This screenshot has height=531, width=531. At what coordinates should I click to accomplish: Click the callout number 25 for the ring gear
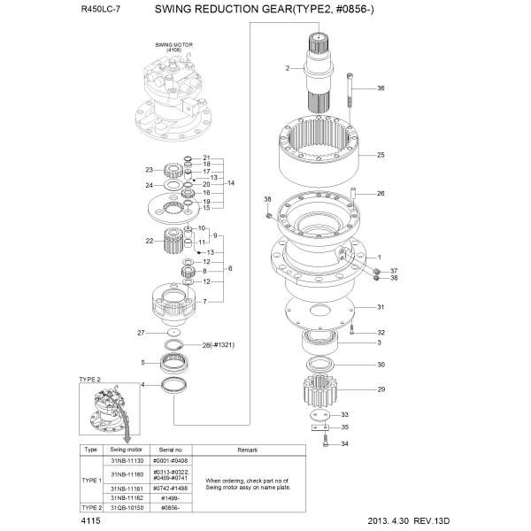(x=381, y=155)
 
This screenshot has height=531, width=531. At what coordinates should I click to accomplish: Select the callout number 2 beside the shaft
(x=288, y=68)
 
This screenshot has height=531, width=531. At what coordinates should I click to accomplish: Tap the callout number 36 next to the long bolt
(x=381, y=88)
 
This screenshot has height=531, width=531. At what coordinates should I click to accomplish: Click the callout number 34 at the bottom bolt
(x=345, y=443)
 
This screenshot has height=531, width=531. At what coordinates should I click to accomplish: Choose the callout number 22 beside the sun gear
(x=150, y=241)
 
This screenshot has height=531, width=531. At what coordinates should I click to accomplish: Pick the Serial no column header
(x=165, y=450)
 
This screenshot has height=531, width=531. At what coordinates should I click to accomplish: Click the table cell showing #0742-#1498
(x=165, y=487)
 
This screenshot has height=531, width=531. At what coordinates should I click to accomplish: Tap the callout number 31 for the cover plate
(x=381, y=307)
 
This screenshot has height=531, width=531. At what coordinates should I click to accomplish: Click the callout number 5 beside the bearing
(x=142, y=362)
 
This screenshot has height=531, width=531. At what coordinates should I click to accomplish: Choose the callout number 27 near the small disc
(x=140, y=332)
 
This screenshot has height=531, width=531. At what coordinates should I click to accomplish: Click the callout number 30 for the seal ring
(x=381, y=365)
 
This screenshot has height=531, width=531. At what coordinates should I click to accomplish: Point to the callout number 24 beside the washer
(x=150, y=185)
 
